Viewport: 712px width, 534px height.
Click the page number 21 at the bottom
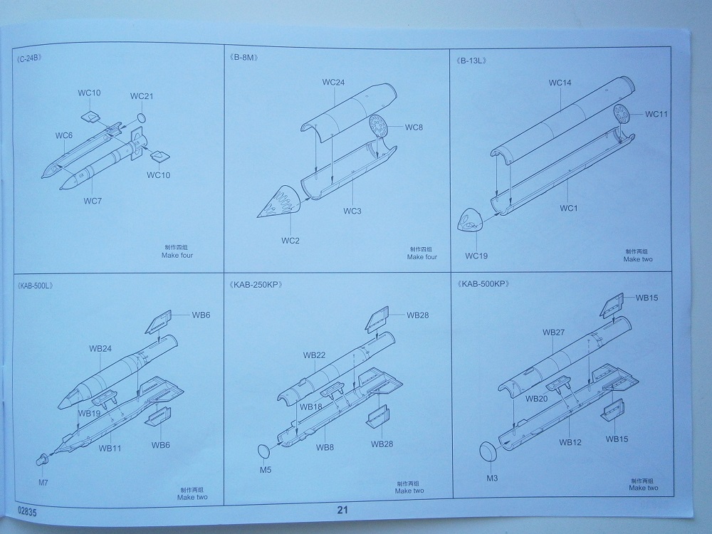tap(342, 510)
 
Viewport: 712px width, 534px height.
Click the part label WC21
tap(142, 96)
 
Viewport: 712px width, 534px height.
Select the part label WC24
tap(333, 82)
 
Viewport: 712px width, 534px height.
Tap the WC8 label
tap(414, 127)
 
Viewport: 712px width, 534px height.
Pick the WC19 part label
tap(478, 255)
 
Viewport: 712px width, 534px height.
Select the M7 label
tap(44, 483)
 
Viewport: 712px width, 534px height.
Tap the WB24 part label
tap(100, 349)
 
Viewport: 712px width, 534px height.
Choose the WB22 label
tap(314, 355)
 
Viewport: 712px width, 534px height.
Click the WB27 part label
tap(553, 332)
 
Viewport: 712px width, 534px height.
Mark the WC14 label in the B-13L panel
tap(560, 83)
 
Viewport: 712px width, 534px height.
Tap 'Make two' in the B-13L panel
tap(637, 259)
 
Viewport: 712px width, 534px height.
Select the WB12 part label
tap(570, 442)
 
